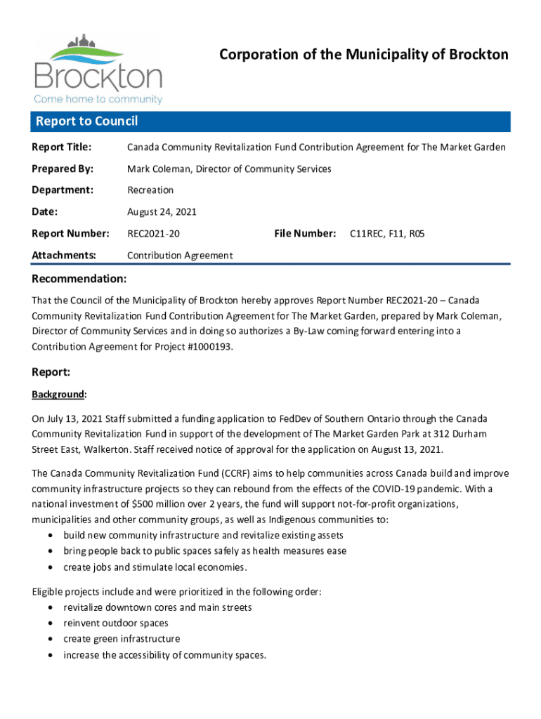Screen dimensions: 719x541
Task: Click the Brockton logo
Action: point(98,69)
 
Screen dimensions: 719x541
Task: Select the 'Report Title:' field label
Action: point(62,147)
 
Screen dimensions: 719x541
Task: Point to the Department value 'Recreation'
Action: point(150,190)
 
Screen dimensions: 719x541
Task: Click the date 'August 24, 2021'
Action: point(162,211)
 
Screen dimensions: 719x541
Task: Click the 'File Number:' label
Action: point(304,233)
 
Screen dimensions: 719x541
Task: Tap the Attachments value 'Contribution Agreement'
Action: point(180,255)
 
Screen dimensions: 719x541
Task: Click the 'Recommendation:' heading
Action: point(79,279)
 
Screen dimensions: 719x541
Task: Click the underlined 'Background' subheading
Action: point(58,395)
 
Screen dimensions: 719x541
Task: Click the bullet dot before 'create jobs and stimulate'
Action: point(51,567)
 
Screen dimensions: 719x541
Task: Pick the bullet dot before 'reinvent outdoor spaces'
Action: point(51,624)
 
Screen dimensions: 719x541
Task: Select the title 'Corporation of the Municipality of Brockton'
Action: point(364,55)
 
